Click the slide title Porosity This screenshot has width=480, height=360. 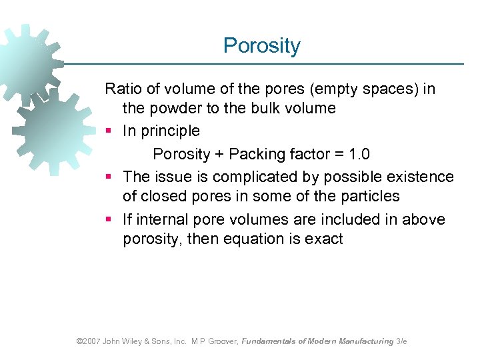click(x=262, y=46)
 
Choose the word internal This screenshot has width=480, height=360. click(x=164, y=219)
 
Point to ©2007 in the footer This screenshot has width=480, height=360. click(x=88, y=341)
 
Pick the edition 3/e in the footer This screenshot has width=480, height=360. click(x=401, y=341)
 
